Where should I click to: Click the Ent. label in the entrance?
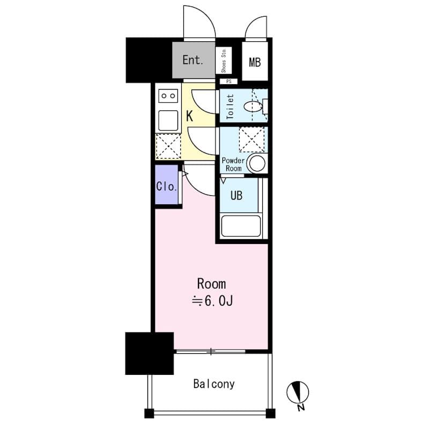(193, 60)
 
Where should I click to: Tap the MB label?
(254, 62)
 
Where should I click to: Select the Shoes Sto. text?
(224, 61)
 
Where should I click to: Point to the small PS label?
(228, 82)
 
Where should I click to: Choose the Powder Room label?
(233, 164)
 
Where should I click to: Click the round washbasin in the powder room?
(256, 164)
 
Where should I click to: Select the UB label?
(236, 195)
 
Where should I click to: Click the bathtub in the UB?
(241, 225)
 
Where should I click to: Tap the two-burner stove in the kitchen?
(168, 96)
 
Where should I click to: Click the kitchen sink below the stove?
(168, 120)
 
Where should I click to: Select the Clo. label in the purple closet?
(167, 187)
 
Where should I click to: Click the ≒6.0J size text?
(212, 301)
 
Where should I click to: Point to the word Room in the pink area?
(211, 284)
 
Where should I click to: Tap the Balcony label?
(214, 384)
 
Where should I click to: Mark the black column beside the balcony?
(149, 353)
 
